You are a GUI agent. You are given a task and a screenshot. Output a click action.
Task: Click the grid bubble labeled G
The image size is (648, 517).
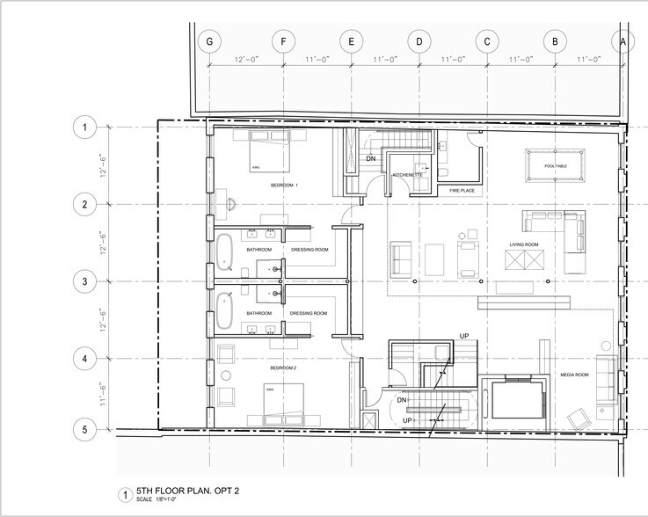point(209,41)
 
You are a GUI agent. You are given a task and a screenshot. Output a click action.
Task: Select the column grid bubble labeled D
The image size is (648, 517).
point(419,41)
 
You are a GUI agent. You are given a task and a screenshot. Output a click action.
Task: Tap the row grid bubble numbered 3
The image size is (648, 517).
point(84,282)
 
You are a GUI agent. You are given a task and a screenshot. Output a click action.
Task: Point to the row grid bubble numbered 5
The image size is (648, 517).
point(84,430)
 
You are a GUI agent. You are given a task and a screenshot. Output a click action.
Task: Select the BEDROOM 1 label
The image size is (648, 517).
point(284,186)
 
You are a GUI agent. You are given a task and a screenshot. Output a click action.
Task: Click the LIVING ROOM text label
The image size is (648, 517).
point(524,244)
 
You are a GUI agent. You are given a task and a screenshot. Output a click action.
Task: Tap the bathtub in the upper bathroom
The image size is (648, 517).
point(226,250)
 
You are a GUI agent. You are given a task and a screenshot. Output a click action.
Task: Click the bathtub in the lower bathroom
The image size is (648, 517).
point(226,313)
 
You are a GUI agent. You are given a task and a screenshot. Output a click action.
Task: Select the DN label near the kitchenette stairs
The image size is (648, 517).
point(370,158)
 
